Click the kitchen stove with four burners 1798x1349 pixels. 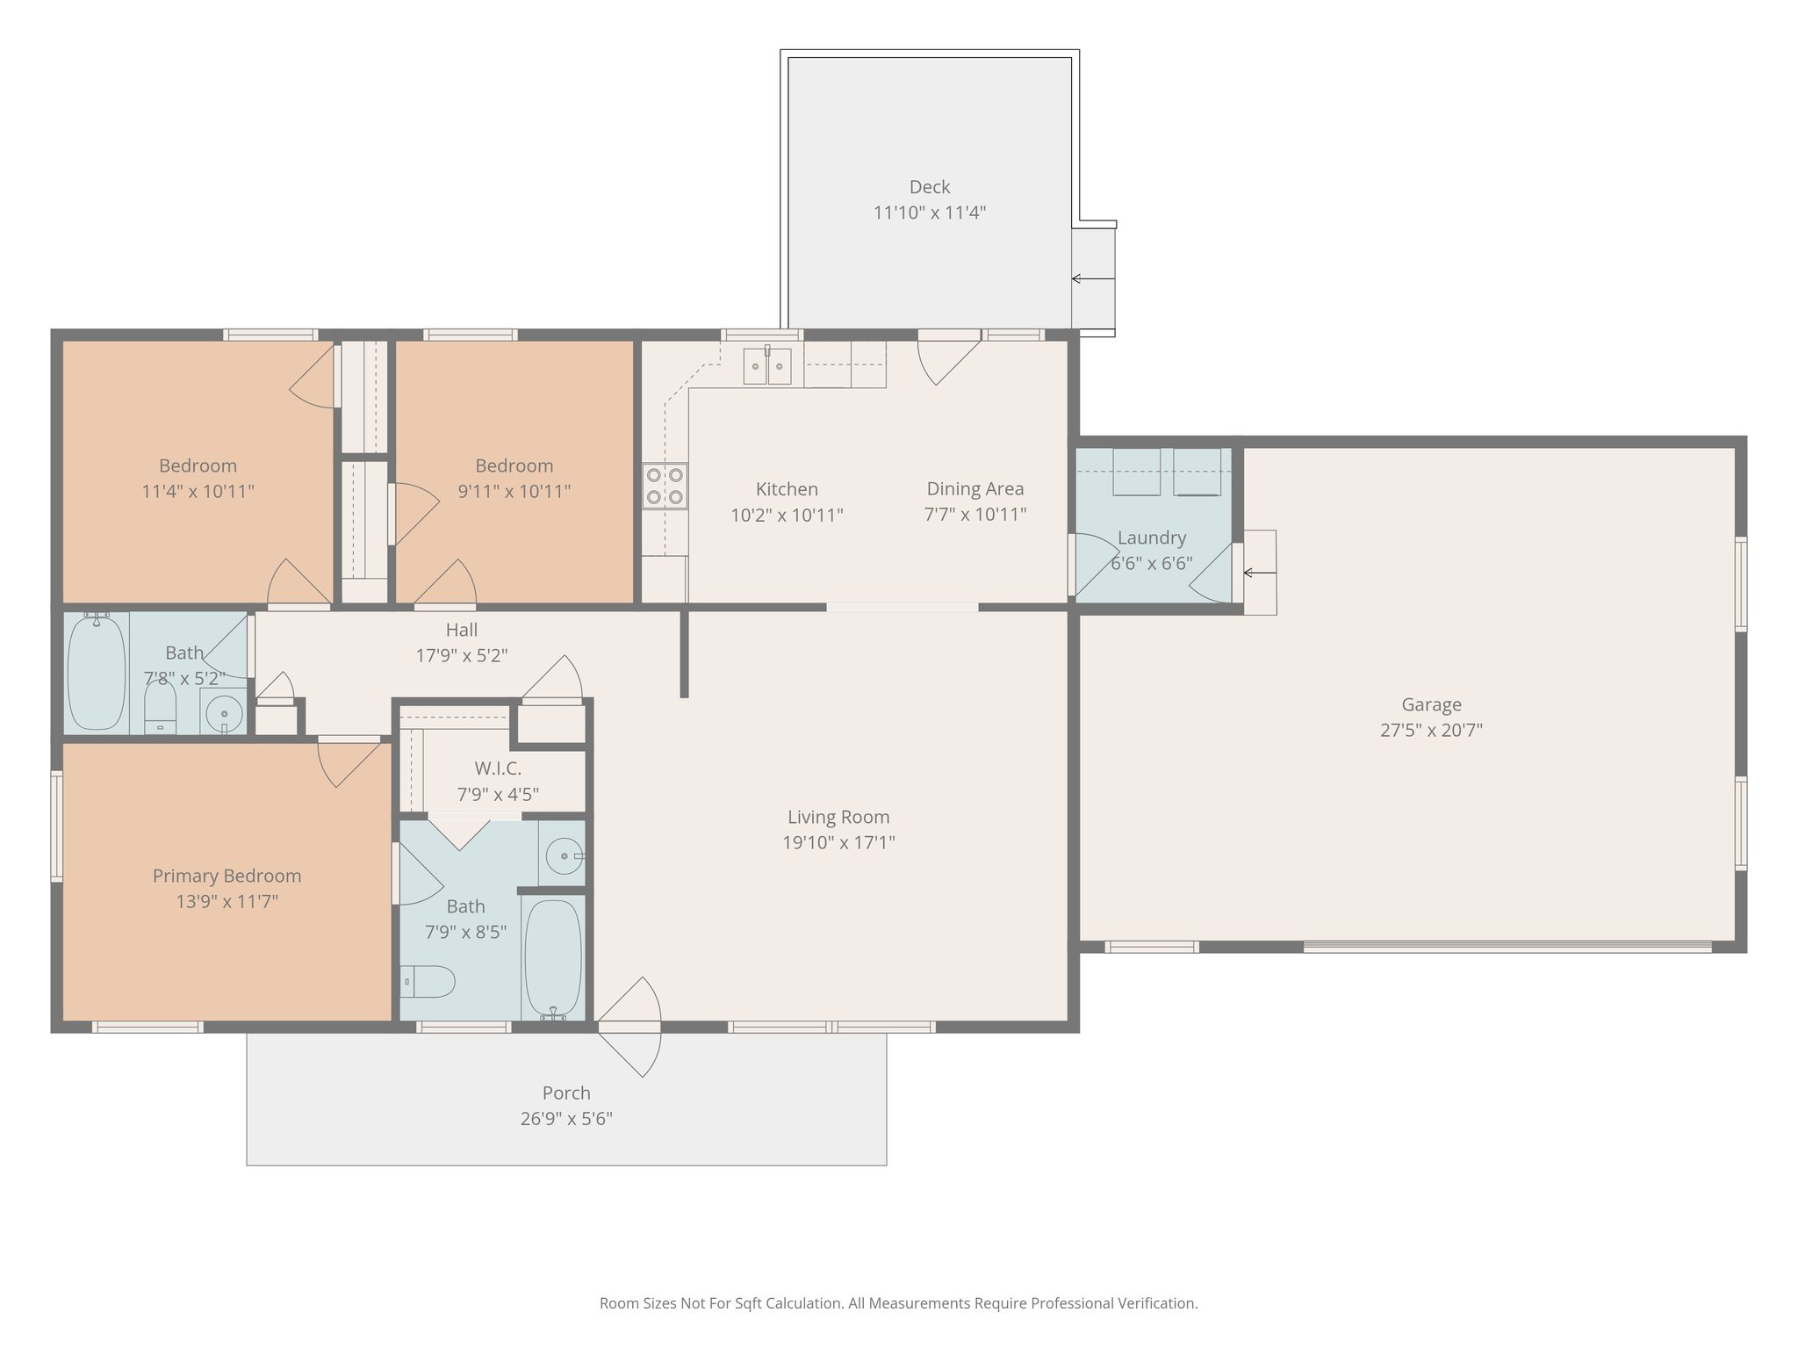[665, 487]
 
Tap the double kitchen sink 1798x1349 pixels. [767, 365]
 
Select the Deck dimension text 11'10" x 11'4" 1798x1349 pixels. [929, 213]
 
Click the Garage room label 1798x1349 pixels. [1431, 704]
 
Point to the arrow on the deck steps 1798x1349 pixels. [1092, 279]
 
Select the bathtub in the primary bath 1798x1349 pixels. [552, 958]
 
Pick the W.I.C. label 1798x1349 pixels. [498, 768]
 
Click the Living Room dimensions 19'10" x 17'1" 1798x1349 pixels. [838, 843]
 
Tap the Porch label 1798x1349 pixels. [566, 1093]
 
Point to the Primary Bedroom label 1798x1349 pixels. [227, 876]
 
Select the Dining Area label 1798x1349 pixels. [975, 489]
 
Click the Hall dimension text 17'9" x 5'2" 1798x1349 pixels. [461, 655]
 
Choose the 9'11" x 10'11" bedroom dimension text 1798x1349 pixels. [514, 492]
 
